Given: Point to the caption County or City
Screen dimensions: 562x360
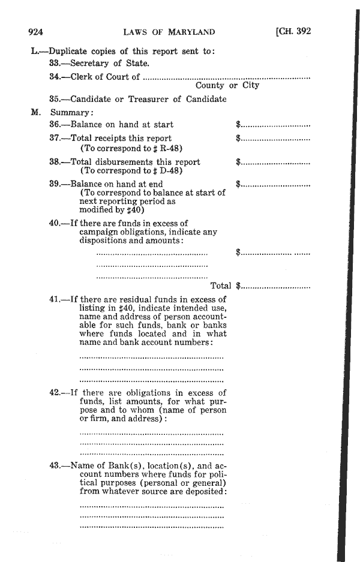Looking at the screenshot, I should click(227, 86).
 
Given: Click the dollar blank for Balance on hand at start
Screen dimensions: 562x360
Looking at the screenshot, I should click(274, 125).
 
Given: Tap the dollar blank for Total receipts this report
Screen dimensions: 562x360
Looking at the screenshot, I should click(274, 139).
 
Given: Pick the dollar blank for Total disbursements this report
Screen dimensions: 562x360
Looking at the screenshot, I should click(274, 162).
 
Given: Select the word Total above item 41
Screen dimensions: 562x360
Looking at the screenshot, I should click(221, 286).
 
